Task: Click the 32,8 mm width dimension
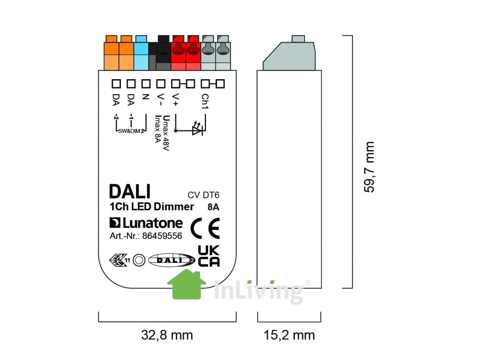pyautogui.click(x=167, y=335)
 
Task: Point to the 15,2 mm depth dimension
pyautogui.click(x=289, y=335)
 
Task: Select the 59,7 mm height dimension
pyautogui.click(x=369, y=167)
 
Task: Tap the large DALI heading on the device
pyautogui.click(x=130, y=192)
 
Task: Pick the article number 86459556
pyautogui.click(x=162, y=236)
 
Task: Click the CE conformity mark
pyautogui.click(x=205, y=228)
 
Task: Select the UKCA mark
pyautogui.click(x=209, y=256)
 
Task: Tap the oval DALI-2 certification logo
pyautogui.click(x=172, y=260)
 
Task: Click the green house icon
pyautogui.click(x=187, y=285)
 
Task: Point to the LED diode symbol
pyautogui.click(x=197, y=128)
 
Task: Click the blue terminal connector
pyautogui.click(x=141, y=52)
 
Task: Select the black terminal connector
pyautogui.click(x=163, y=52)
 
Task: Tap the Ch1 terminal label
pyautogui.click(x=205, y=101)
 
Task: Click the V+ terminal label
pyautogui.click(x=175, y=100)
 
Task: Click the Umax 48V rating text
pyautogui.click(x=165, y=133)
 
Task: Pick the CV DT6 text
pyautogui.click(x=203, y=195)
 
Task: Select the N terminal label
pyautogui.click(x=146, y=97)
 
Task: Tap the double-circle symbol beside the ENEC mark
pyautogui.click(x=139, y=260)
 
